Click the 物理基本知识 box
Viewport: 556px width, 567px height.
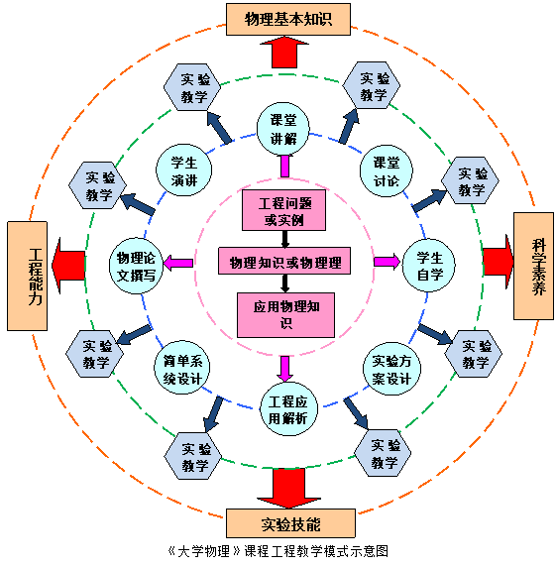(288, 19)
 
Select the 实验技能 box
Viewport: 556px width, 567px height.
(290, 523)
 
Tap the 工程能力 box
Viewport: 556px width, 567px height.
(27, 276)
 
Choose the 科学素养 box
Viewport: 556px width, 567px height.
(533, 266)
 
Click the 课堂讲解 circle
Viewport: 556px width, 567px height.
(283, 129)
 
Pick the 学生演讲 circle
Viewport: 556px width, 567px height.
(183, 170)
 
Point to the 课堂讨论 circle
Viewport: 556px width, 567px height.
(387, 171)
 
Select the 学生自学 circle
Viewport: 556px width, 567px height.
(429, 266)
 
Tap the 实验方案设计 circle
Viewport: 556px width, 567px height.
(391, 369)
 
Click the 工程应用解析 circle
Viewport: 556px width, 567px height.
(288, 409)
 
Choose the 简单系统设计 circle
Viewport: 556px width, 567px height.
(182, 367)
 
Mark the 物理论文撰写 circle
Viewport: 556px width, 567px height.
(136, 266)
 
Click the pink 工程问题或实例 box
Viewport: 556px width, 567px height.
(283, 210)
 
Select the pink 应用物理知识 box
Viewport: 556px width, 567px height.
(285, 315)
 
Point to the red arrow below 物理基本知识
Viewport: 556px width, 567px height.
(284, 53)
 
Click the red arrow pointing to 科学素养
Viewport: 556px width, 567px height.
(499, 262)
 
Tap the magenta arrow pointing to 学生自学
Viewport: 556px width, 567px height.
(387, 262)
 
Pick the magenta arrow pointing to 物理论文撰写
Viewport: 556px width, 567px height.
(177, 263)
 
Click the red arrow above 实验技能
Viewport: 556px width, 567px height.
(288, 488)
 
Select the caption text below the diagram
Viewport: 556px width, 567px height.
(278, 551)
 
